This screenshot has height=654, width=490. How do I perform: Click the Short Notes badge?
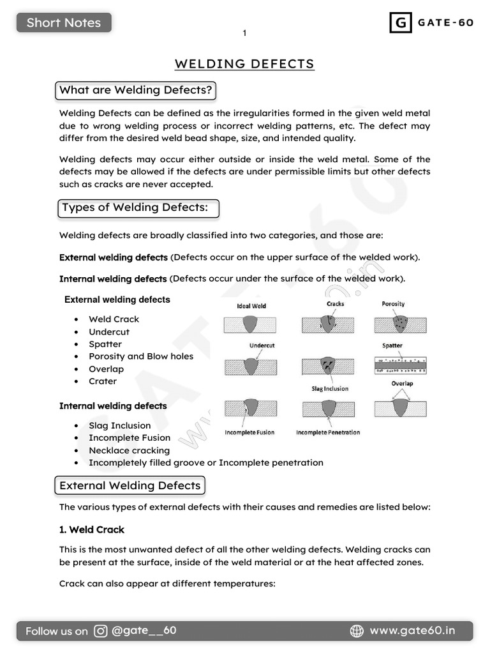pyautogui.click(x=64, y=23)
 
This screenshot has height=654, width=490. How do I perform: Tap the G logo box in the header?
pyautogui.click(x=400, y=23)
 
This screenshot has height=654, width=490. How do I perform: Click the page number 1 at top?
pyautogui.click(x=244, y=33)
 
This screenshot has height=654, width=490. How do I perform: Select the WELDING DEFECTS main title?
pyautogui.click(x=244, y=64)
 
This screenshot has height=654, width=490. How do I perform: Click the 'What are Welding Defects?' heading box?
pyautogui.click(x=135, y=90)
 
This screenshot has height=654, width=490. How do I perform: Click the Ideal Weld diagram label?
pyautogui.click(x=251, y=306)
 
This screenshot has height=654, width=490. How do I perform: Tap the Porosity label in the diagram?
pyautogui.click(x=393, y=304)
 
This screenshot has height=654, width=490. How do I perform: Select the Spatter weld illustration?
pyautogui.click(x=400, y=365)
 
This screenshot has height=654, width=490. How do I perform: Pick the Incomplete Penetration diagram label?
pyautogui.click(x=328, y=432)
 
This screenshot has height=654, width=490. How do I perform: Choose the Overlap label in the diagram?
pyautogui.click(x=402, y=384)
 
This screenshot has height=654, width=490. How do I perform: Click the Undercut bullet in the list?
pyautogui.click(x=109, y=332)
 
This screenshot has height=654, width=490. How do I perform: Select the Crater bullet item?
pyautogui.click(x=103, y=381)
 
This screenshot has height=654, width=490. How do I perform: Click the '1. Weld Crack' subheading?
pyautogui.click(x=92, y=529)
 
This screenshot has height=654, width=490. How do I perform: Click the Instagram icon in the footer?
pyautogui.click(x=101, y=631)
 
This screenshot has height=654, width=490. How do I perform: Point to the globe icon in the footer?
pyautogui.click(x=357, y=631)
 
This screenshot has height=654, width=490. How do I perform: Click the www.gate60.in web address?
pyautogui.click(x=412, y=631)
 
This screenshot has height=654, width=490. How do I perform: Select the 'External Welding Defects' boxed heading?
pyautogui.click(x=130, y=485)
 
